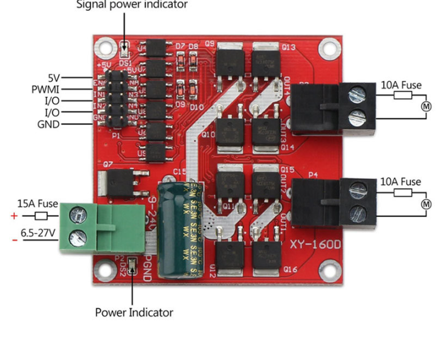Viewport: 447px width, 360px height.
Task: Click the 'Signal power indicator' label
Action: tap(132, 5)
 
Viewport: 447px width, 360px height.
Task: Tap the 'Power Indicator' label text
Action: tap(133, 312)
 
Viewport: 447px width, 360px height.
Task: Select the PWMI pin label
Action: tap(45, 89)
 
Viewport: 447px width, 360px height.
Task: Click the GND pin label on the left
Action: tap(48, 124)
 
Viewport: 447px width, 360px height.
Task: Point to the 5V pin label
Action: tap(54, 78)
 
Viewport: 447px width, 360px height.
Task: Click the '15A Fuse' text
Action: tap(37, 204)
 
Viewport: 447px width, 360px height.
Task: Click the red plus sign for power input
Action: tap(14, 216)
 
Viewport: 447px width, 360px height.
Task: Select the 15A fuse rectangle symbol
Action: tap(41, 216)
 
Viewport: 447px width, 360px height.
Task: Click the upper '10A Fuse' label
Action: tap(400, 85)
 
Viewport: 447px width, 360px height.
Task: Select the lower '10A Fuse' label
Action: tap(400, 182)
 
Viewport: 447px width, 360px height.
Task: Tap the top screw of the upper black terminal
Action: tap(358, 94)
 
